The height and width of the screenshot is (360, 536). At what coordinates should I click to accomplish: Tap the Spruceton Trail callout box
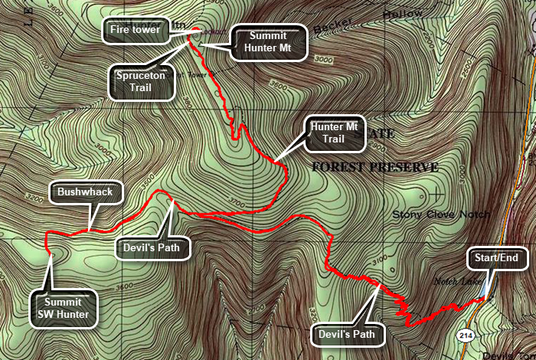(x=142, y=82)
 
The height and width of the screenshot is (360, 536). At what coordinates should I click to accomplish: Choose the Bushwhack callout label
(x=86, y=193)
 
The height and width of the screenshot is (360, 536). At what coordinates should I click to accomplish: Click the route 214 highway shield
(x=465, y=336)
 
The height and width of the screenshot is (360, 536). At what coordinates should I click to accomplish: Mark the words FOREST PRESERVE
(x=374, y=167)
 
